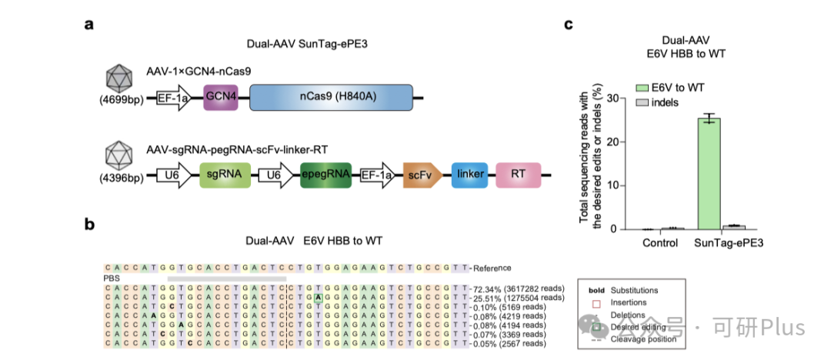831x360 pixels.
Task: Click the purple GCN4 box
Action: point(219,98)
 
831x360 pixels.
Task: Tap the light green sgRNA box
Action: point(224,175)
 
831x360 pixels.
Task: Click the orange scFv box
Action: point(421,175)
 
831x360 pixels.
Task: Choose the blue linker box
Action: point(469,175)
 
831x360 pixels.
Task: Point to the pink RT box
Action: point(519,175)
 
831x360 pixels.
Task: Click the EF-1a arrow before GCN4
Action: point(173,98)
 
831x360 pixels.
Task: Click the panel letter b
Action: point(89,225)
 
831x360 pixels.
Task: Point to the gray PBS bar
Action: point(226,278)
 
